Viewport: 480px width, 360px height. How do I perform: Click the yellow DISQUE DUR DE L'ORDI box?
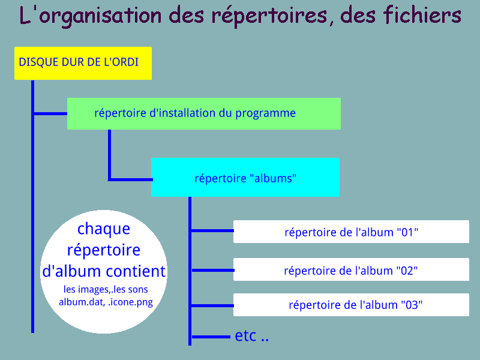(83, 64)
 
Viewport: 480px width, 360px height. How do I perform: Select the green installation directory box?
(204, 113)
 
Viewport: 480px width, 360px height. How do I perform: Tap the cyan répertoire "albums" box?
(245, 177)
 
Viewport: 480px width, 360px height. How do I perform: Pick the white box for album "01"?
(351, 232)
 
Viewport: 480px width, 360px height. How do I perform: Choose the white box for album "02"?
(351, 269)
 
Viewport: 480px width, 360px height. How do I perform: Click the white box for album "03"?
(351, 305)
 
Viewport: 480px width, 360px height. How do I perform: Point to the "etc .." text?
(251, 336)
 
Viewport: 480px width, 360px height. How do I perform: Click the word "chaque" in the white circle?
(104, 229)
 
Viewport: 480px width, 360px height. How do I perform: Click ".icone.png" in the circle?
(130, 302)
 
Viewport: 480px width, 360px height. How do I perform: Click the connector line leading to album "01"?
(212, 230)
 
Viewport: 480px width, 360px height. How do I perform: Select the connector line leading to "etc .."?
(211, 337)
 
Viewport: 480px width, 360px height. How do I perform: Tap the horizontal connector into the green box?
(50, 113)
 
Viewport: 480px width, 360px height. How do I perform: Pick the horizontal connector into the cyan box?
(130, 179)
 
